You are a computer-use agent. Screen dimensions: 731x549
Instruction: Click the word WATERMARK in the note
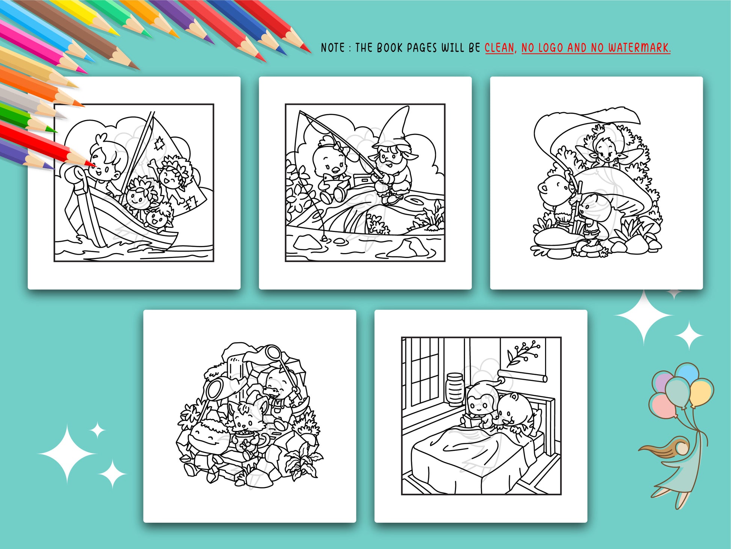(639, 48)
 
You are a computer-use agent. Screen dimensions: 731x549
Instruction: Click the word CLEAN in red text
(499, 48)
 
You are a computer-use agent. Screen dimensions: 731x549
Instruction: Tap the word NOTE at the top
(332, 48)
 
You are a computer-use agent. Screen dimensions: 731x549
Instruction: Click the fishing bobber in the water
(323, 238)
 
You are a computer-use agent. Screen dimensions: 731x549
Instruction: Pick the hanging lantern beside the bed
(455, 389)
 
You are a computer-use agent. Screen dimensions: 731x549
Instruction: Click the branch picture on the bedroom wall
(523, 353)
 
